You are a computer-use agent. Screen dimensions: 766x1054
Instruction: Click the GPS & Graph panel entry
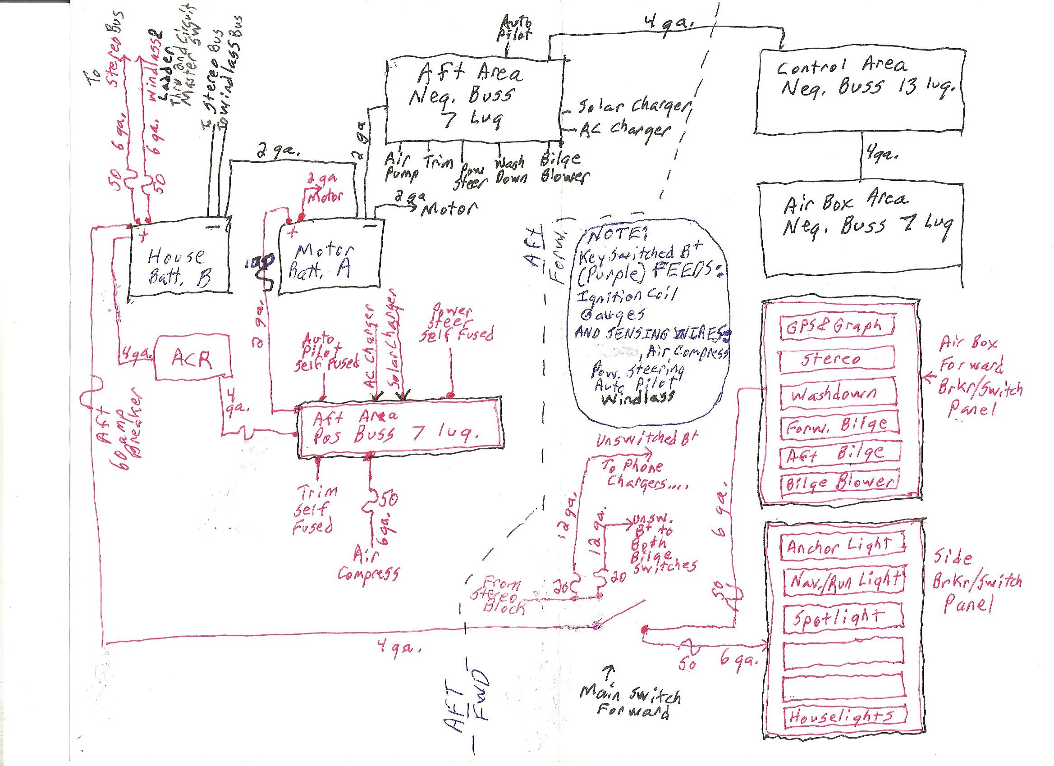(x=837, y=326)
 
